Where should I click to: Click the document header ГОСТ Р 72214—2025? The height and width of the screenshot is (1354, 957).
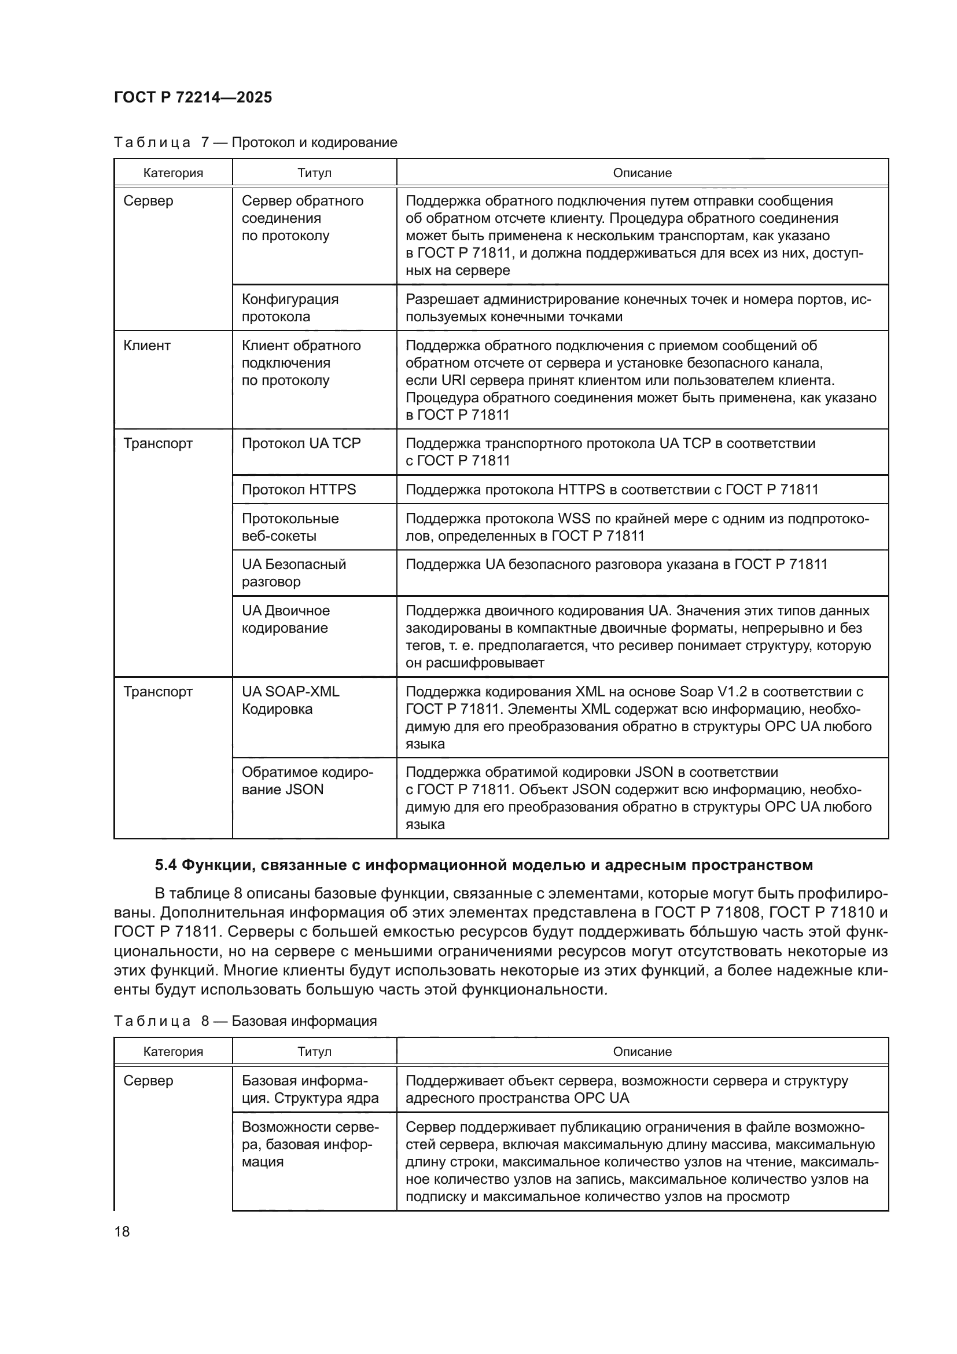pyautogui.click(x=193, y=98)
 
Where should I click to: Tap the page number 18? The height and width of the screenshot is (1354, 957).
pyautogui.click(x=122, y=1231)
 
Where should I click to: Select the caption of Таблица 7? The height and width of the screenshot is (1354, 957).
pyautogui.click(x=255, y=142)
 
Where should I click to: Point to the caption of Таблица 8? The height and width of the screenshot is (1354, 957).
pyautogui.click(x=245, y=1021)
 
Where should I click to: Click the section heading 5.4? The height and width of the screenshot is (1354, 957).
pyautogui.click(x=483, y=865)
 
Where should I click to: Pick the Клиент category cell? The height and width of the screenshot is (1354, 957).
pyautogui.click(x=148, y=346)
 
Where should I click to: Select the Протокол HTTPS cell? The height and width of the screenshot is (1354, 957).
pyautogui.click(x=299, y=490)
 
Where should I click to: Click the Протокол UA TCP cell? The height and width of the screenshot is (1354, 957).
pyautogui.click(x=301, y=443)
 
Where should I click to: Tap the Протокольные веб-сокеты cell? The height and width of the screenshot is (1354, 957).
pyautogui.click(x=290, y=527)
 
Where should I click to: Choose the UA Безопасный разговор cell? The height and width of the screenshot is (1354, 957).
pyautogui.click(x=293, y=573)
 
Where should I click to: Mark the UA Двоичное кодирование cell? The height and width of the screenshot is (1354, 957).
pyautogui.click(x=286, y=619)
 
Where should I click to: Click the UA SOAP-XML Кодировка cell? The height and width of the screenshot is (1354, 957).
pyautogui.click(x=290, y=700)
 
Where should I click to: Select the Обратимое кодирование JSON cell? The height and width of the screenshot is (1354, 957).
pyautogui.click(x=307, y=781)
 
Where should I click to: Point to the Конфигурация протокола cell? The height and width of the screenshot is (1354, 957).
pyautogui.click(x=290, y=308)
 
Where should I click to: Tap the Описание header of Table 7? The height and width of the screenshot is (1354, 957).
pyautogui.click(x=642, y=173)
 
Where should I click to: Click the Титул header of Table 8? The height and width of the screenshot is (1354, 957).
pyautogui.click(x=314, y=1051)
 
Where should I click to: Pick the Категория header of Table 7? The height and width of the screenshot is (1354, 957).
pyautogui.click(x=172, y=173)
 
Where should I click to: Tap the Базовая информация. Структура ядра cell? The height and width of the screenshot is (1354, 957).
pyautogui.click(x=310, y=1089)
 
